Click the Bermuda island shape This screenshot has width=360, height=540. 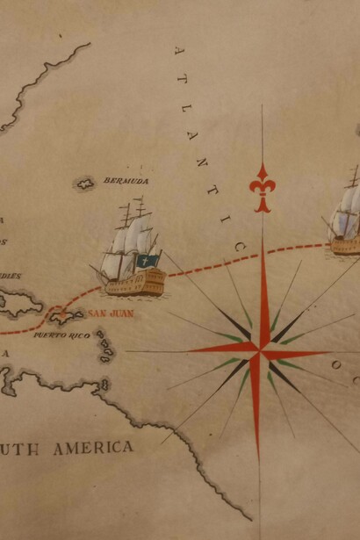(x=85, y=184)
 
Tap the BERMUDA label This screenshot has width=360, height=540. (x=126, y=181)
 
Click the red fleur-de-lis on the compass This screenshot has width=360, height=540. (x=262, y=188)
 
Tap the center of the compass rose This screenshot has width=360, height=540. (x=260, y=352)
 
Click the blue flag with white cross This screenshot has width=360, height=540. (x=149, y=262)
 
